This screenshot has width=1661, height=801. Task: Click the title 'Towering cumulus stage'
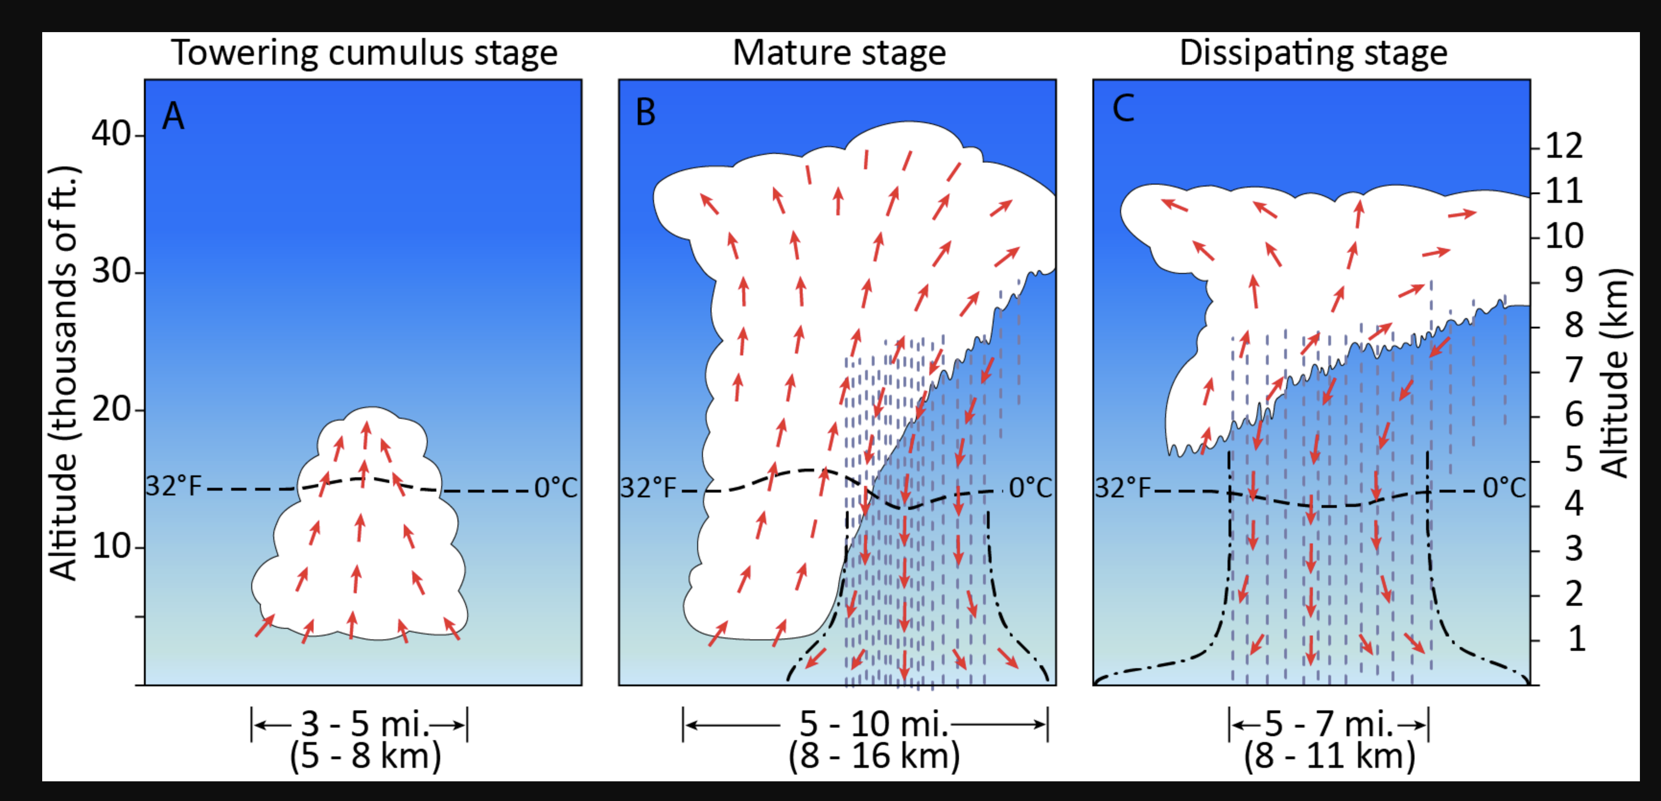pyautogui.click(x=364, y=53)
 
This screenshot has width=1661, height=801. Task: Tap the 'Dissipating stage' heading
pyautogui.click(x=1313, y=53)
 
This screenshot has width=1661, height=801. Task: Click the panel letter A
pyautogui.click(x=173, y=116)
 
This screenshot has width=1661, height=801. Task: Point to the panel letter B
pyautogui.click(x=645, y=113)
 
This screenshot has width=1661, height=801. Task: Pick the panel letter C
pyautogui.click(x=1123, y=108)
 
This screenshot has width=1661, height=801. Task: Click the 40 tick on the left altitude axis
pyautogui.click(x=111, y=134)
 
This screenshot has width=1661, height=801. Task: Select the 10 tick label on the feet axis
pyautogui.click(x=111, y=547)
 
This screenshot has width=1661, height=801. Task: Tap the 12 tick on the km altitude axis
pyautogui.click(x=1564, y=146)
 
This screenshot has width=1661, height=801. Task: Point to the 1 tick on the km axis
pyautogui.click(x=1577, y=639)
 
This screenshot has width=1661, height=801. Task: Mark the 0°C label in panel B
pyautogui.click(x=1030, y=488)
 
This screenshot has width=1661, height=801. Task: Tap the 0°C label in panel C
pyautogui.click(x=1504, y=488)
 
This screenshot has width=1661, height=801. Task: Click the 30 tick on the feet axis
pyautogui.click(x=111, y=271)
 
